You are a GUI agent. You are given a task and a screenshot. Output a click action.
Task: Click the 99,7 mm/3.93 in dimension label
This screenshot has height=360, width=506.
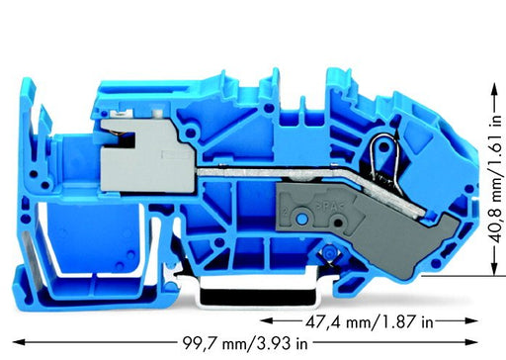245,343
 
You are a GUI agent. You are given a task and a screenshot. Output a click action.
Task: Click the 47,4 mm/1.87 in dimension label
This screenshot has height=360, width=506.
370,321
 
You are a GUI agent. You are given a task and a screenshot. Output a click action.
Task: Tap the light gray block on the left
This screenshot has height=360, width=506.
146,155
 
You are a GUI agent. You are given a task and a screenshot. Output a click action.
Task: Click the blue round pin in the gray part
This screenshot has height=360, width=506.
300,218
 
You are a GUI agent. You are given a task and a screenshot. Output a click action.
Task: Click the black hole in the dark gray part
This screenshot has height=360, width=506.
337,223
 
